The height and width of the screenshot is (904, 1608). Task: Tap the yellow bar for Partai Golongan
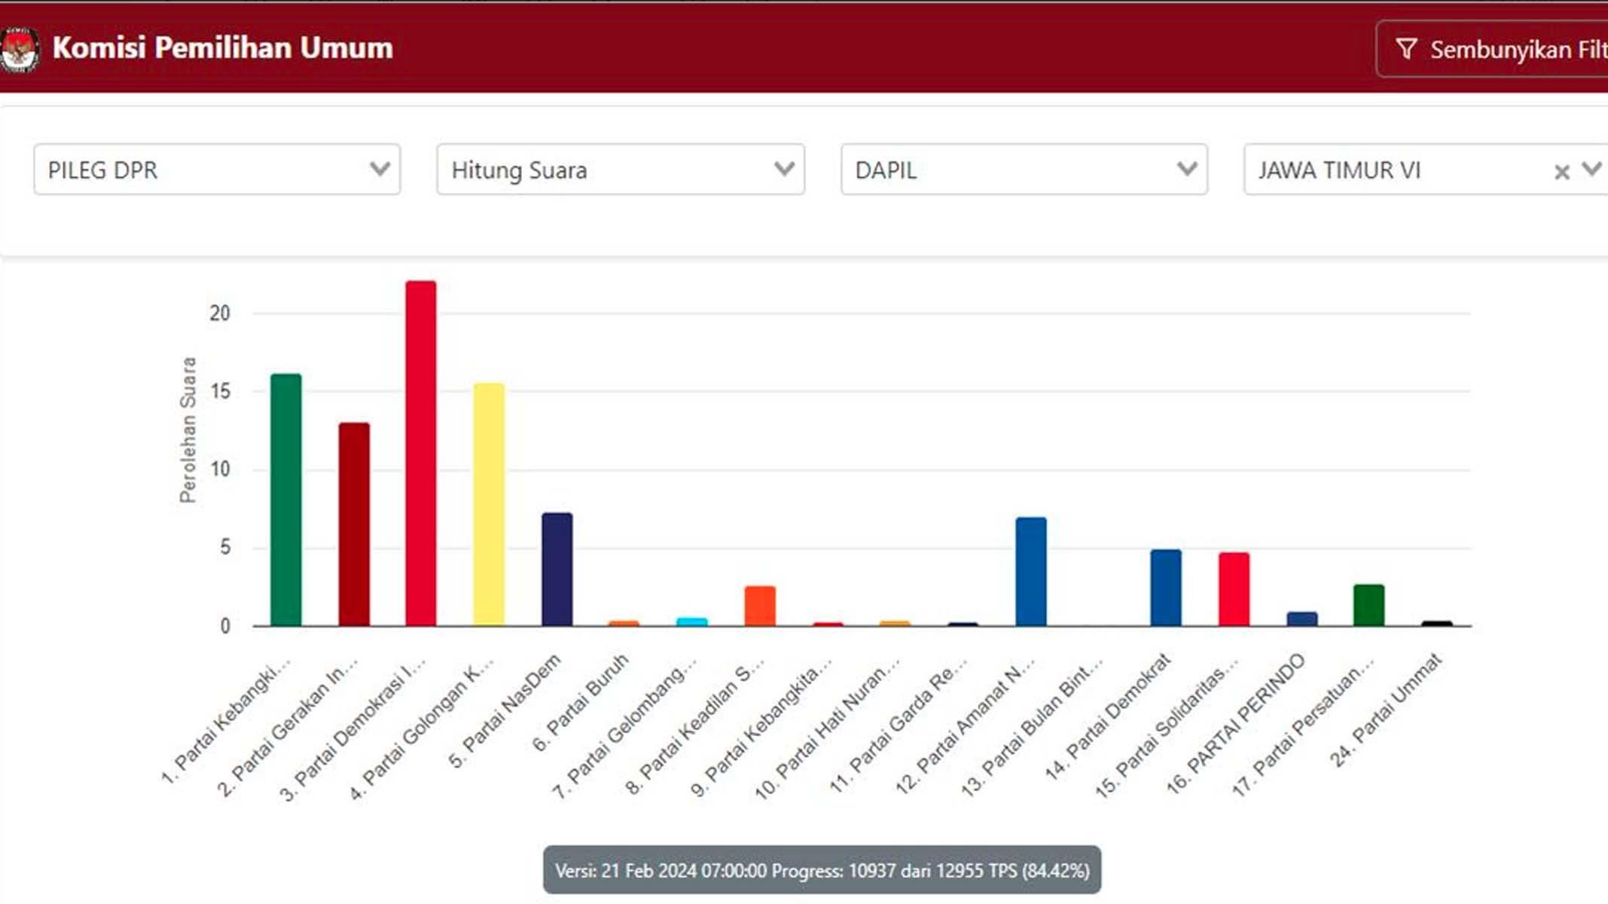coord(489,505)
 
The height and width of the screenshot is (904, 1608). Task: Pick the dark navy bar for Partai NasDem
coord(557,570)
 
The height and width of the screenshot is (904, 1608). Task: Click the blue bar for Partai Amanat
coord(1030,572)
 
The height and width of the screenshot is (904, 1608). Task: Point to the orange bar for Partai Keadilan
coord(760,606)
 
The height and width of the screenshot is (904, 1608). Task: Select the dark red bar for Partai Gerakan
coord(353,524)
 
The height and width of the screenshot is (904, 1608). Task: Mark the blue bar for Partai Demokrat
coord(1165,588)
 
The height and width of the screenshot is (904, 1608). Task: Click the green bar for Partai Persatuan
coord(1368,605)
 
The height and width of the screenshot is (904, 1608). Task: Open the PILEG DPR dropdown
coord(217,169)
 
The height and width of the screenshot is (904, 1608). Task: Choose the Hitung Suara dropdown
coord(621,169)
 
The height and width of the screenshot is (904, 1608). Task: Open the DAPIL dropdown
coord(1024,169)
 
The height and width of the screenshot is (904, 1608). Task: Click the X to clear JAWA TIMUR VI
coord(1561,173)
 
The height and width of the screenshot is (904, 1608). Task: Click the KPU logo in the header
coord(19,49)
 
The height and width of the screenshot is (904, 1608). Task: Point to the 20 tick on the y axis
coord(220,313)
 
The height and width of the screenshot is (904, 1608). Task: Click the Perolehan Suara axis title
coord(188,429)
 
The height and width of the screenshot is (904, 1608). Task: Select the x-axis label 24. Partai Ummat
coord(1387,710)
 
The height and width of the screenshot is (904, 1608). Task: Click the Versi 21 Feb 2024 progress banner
coord(822,871)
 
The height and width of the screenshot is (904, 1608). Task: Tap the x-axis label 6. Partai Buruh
coord(581,702)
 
